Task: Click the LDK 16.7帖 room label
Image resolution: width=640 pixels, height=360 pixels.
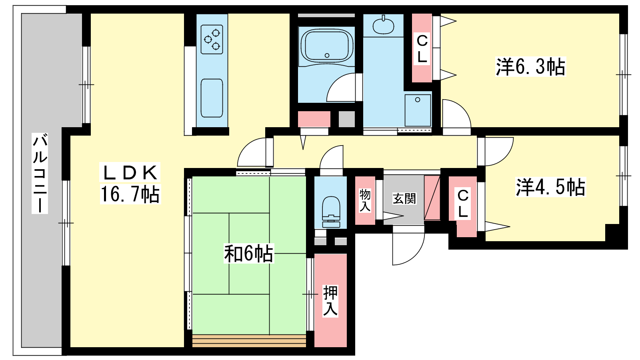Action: click(x=130, y=183)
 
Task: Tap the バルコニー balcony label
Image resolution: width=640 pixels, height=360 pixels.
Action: click(x=40, y=173)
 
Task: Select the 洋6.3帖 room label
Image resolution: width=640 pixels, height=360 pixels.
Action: click(x=530, y=67)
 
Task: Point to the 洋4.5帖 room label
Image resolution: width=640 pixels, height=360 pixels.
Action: click(x=550, y=187)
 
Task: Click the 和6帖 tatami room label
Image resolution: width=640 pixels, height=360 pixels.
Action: click(x=249, y=254)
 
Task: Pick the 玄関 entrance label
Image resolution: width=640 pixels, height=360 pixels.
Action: click(x=404, y=198)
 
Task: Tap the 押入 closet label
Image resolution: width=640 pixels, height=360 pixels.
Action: click(x=330, y=300)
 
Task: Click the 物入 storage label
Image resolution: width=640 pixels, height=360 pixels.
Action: click(x=365, y=200)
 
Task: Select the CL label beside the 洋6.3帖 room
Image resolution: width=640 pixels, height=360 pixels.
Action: click(x=422, y=49)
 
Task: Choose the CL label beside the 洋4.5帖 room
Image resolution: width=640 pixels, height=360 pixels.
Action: click(x=463, y=204)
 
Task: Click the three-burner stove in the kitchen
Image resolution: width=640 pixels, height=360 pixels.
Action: click(x=212, y=40)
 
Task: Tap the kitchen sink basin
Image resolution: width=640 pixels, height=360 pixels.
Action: click(x=212, y=98)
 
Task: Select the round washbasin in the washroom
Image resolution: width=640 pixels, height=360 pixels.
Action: click(x=384, y=26)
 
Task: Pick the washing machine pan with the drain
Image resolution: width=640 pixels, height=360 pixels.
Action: click(x=418, y=110)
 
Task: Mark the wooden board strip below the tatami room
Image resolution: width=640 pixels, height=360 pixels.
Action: click(x=249, y=341)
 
